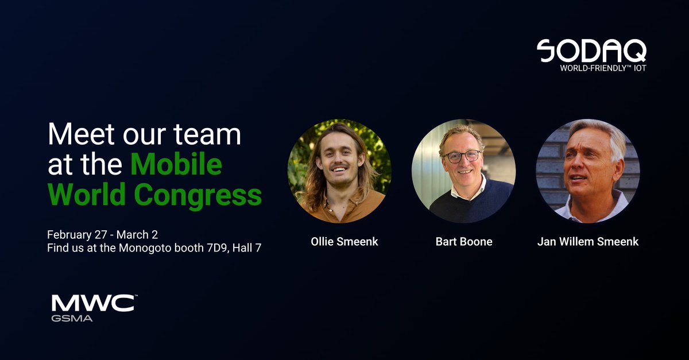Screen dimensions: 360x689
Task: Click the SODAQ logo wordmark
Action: (x=591, y=51)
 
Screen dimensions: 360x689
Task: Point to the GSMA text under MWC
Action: (x=72, y=318)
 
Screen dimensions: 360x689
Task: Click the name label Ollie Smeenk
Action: (x=344, y=242)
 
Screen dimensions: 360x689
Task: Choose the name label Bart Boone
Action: (x=463, y=242)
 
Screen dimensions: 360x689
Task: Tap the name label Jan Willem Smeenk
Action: (x=587, y=242)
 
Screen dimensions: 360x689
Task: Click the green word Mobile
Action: (x=176, y=165)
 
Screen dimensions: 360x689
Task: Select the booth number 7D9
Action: (x=214, y=249)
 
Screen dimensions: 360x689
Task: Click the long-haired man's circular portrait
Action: (x=339, y=171)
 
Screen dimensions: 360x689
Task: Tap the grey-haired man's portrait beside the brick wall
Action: (x=587, y=171)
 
